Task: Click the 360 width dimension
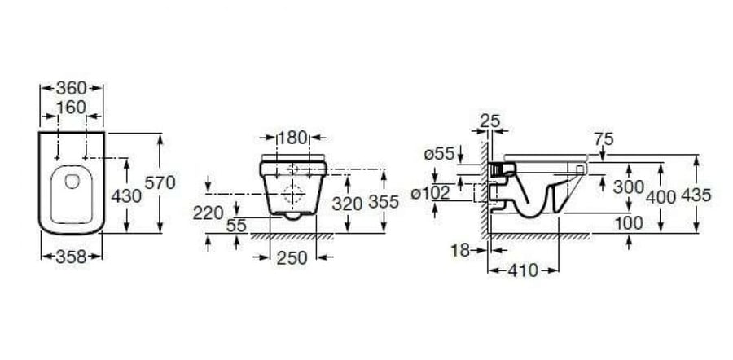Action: (x=72, y=88)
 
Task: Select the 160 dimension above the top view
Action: (x=72, y=108)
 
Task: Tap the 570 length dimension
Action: (x=160, y=182)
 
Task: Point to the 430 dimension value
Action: (x=126, y=196)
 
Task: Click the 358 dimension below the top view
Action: (x=71, y=257)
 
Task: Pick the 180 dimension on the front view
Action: (x=292, y=138)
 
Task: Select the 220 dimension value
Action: (x=208, y=213)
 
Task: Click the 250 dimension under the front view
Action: (x=292, y=257)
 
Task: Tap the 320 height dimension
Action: (x=347, y=204)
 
